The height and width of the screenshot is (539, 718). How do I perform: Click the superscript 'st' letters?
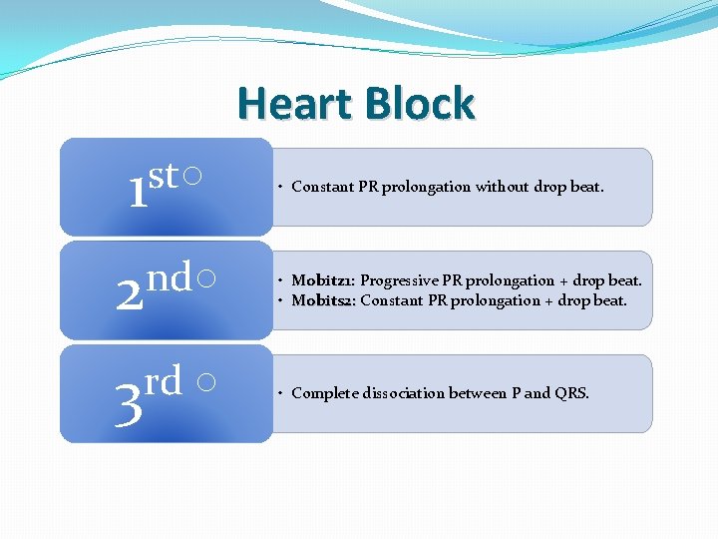point(165,176)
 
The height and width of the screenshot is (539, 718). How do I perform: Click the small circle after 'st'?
point(195,176)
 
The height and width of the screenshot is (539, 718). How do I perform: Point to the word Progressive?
point(400,280)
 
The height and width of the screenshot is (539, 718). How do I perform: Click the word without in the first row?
point(502,187)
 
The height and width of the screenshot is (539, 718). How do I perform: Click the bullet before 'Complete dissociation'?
point(282,393)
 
